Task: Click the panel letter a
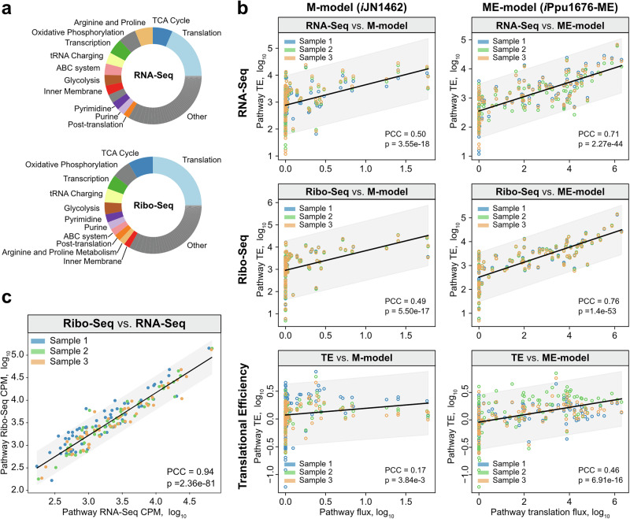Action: [7, 9]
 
